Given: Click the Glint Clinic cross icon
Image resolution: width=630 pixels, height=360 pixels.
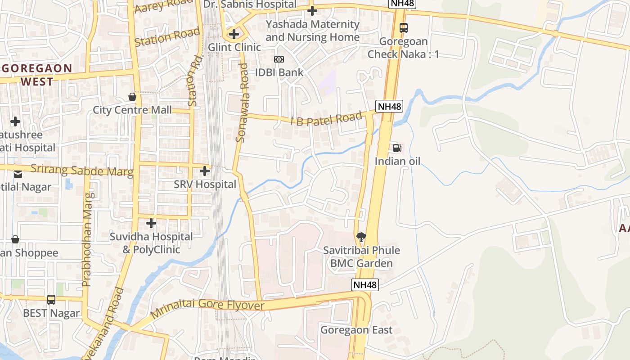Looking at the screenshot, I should [x=234, y=34].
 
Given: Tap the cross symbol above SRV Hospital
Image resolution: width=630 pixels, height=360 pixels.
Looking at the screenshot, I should [x=205, y=171].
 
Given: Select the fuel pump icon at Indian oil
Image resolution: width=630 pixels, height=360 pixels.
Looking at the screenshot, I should [x=397, y=148].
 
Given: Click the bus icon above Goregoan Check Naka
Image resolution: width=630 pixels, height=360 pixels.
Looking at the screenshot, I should [x=404, y=27].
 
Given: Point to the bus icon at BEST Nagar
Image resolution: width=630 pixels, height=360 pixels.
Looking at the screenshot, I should [x=51, y=300].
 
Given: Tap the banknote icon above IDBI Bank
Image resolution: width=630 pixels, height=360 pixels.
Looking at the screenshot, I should [x=279, y=59].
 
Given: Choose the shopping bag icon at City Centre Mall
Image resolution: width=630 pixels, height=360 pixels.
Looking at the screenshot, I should [x=132, y=97].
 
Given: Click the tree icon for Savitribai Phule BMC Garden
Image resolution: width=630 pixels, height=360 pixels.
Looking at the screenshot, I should [x=361, y=237].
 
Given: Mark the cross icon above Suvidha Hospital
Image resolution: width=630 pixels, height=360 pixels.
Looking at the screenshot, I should [x=151, y=223].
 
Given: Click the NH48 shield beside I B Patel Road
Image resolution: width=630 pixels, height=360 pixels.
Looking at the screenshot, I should [x=389, y=107].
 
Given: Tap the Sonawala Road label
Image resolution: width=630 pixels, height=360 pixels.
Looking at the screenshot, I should [x=242, y=103].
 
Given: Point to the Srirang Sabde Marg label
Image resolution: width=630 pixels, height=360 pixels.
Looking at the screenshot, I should [x=82, y=171].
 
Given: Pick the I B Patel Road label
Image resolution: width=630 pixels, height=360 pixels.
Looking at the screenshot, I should [x=326, y=119].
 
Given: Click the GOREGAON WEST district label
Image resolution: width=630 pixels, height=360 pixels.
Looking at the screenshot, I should [x=37, y=75].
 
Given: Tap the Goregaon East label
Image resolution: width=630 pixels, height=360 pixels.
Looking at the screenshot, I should [x=356, y=330].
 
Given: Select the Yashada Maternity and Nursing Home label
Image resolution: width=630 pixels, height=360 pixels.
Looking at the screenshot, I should [x=312, y=31].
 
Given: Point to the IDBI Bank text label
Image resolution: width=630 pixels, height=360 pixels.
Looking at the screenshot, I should [x=279, y=72].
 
